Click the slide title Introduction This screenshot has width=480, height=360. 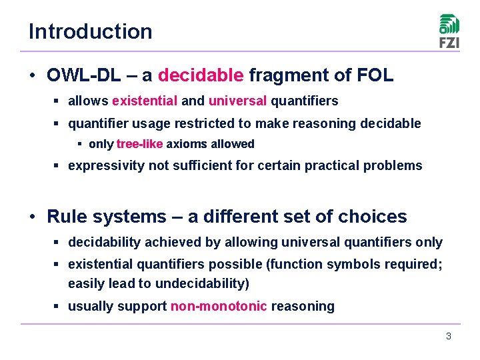90,31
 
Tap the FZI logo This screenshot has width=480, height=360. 449,31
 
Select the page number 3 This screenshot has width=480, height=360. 449,336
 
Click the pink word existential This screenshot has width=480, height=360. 145,101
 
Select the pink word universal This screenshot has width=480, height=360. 237,101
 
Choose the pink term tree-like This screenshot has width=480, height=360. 139,144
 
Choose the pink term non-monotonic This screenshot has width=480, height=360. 219,307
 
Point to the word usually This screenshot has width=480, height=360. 91,307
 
